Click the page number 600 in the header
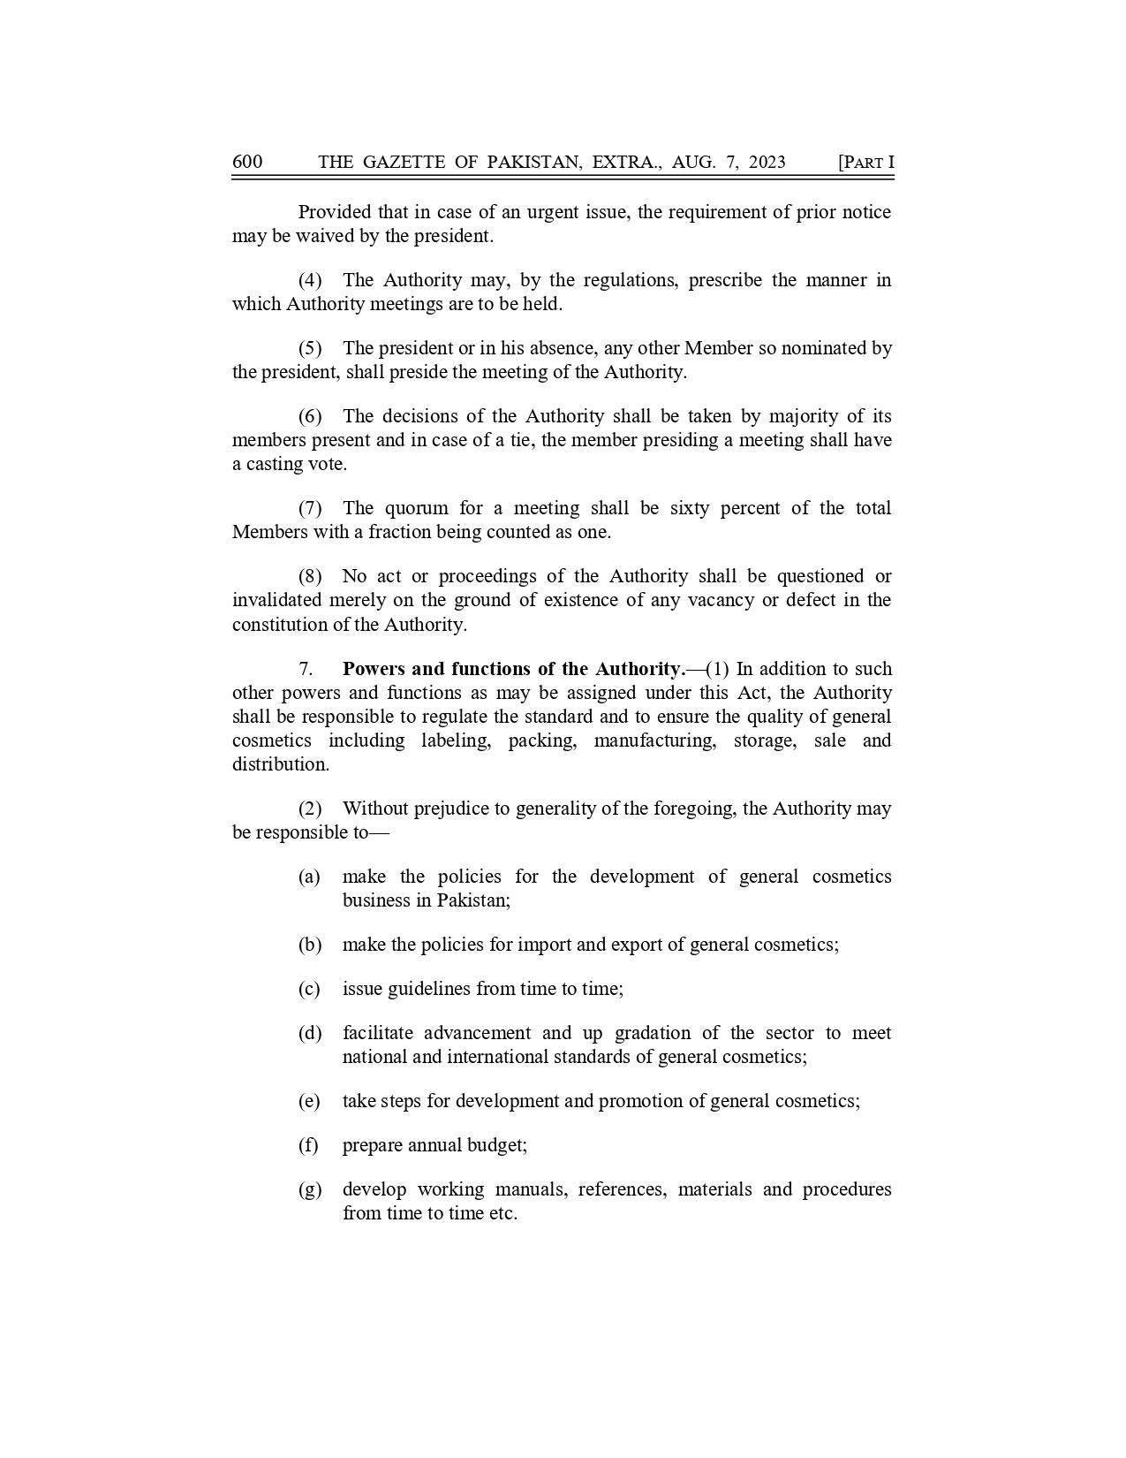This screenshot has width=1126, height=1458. click(247, 162)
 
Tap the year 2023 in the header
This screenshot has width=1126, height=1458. click(766, 162)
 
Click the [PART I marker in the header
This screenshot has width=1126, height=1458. click(865, 162)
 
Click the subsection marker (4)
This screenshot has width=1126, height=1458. click(310, 280)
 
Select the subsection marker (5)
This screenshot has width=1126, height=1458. click(310, 348)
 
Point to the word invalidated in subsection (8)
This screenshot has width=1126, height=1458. click(276, 600)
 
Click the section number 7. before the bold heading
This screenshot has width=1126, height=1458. click(306, 669)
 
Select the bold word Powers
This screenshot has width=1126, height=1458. click(374, 669)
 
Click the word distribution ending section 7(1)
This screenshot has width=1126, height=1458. click(280, 764)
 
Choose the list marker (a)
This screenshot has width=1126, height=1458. click(309, 877)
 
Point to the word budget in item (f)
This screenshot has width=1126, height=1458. click(499, 1145)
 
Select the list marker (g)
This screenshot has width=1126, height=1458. click(309, 1189)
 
